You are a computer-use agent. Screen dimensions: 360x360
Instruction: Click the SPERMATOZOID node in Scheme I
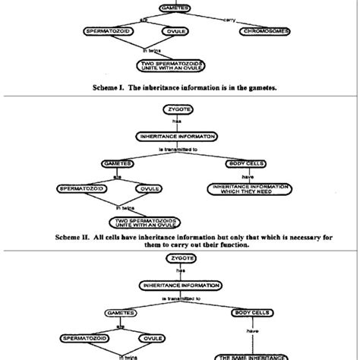pos(114,31)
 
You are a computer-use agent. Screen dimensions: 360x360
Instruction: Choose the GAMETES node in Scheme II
pos(117,163)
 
